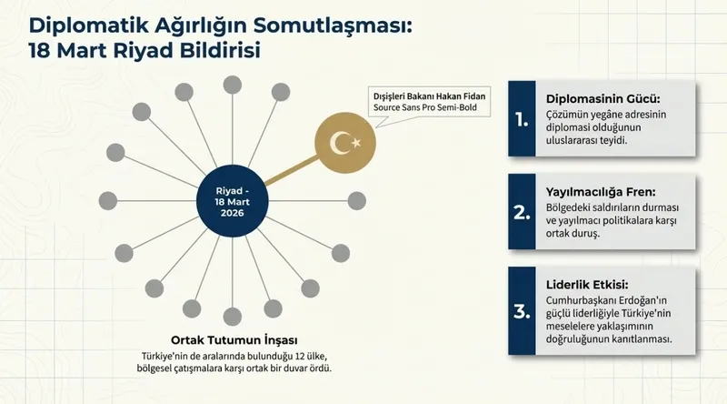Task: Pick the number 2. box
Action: [520, 212]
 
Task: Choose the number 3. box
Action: [520, 309]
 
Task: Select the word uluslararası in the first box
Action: [574, 142]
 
